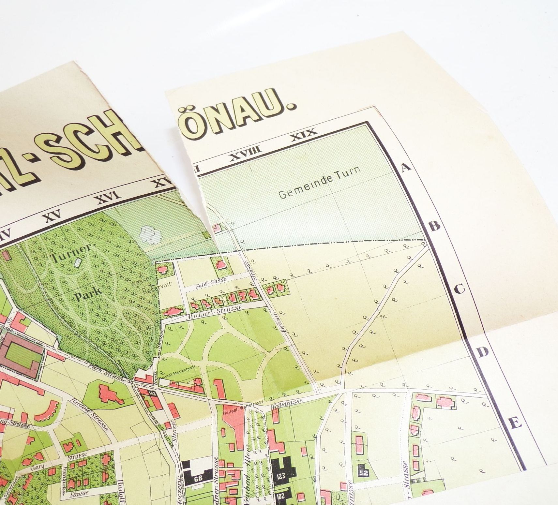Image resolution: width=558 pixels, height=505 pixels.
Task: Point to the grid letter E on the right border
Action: click(516, 423)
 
